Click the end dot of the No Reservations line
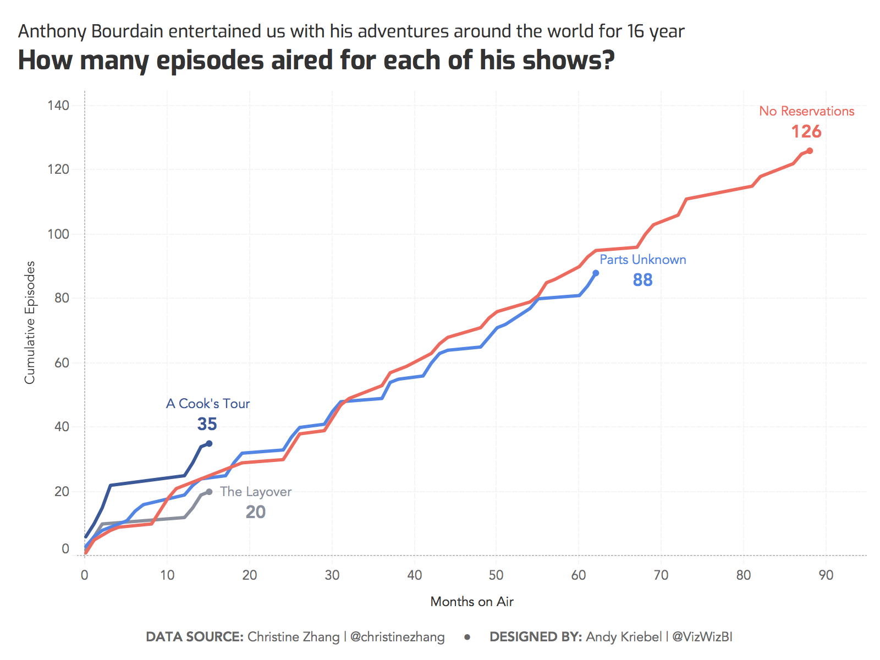coord(810,151)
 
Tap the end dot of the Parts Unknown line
coord(596,273)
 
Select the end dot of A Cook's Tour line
coord(209,443)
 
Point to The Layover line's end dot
coord(209,492)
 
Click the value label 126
coord(806,132)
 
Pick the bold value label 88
coord(642,280)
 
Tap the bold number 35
coord(207,424)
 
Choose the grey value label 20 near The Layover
coord(255,512)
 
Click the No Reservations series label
coord(806,111)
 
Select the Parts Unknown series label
coord(642,260)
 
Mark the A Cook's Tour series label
coord(208,404)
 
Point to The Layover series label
coord(256,492)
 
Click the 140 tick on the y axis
coord(58,106)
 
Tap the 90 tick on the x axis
coord(826,575)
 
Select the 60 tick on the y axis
coord(62,363)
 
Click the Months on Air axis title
coord(472,602)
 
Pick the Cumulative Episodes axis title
coord(30,322)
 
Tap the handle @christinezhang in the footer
coord(397,637)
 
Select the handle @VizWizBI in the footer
coord(702,637)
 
